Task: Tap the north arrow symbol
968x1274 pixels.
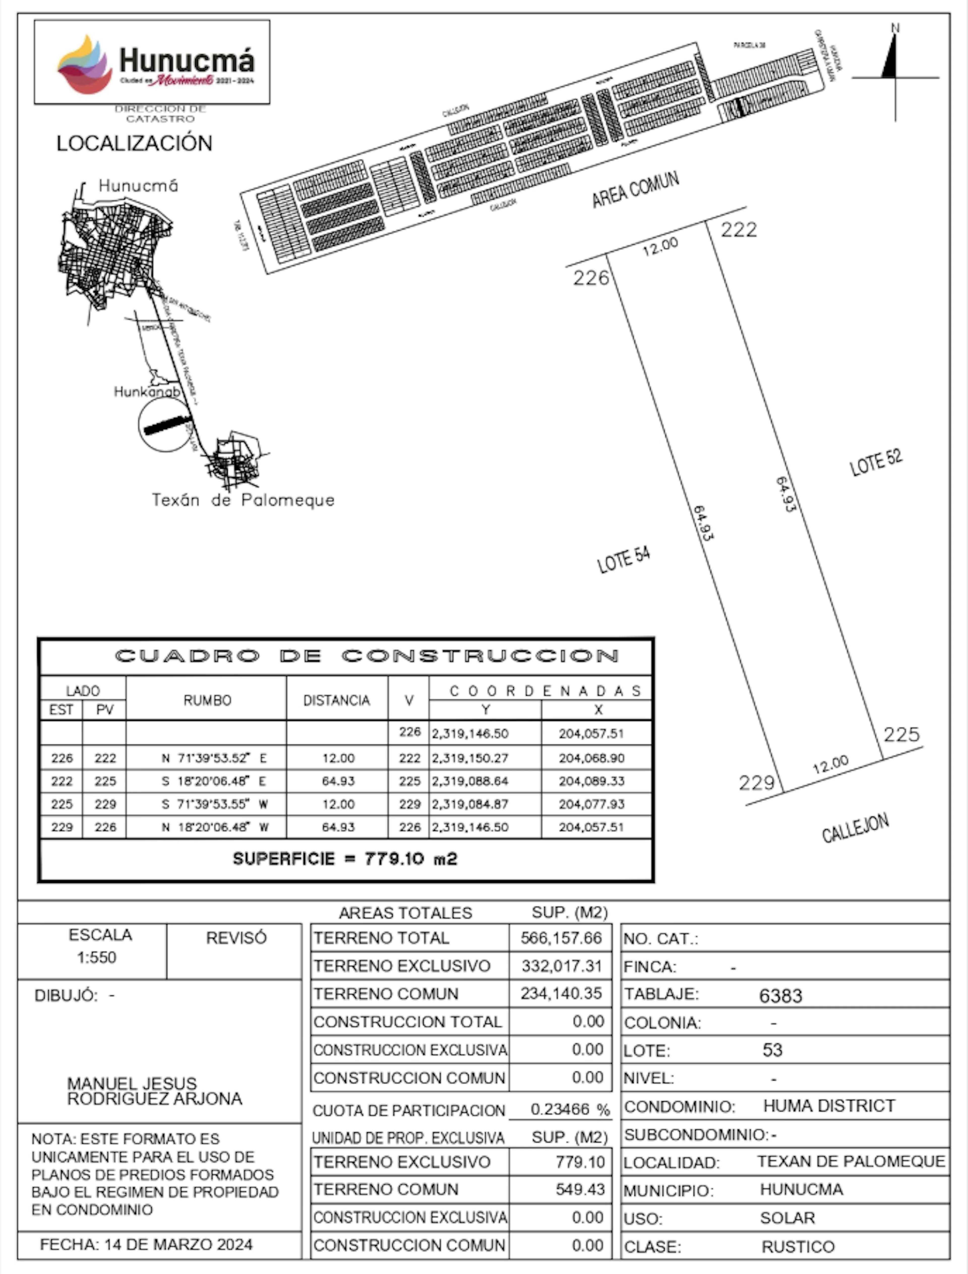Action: (x=893, y=63)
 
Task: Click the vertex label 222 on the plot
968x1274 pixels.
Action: (x=739, y=230)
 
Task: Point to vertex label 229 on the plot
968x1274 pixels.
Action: (x=757, y=783)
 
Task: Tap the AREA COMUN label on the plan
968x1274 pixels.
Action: (x=636, y=190)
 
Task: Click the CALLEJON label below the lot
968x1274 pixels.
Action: (x=855, y=828)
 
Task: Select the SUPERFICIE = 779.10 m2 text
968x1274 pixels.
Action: (x=345, y=859)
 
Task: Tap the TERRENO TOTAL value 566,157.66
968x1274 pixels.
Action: (x=561, y=938)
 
